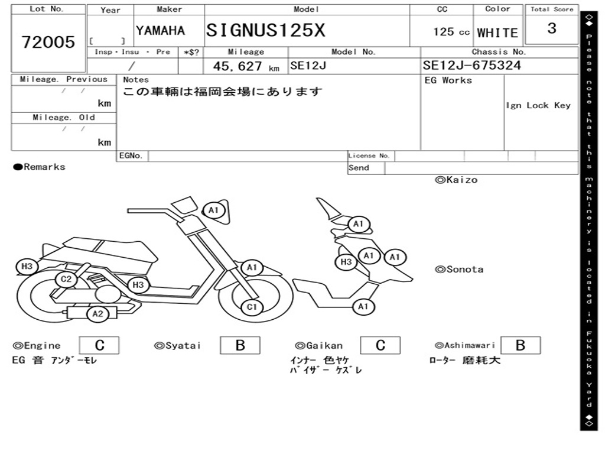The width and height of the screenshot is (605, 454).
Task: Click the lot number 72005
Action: click(x=48, y=42)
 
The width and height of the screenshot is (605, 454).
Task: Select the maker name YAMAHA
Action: click(x=160, y=31)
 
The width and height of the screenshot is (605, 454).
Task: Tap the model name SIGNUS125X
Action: click(x=265, y=30)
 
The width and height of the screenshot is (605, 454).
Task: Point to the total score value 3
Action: click(x=552, y=28)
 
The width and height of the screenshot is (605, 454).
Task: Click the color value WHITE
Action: click(x=497, y=33)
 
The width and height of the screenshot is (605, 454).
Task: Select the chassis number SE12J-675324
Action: click(x=472, y=66)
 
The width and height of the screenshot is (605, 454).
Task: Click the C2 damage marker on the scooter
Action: click(x=66, y=279)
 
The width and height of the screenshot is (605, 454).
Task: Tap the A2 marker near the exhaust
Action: click(x=97, y=314)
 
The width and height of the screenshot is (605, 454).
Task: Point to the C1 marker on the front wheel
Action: click(x=252, y=307)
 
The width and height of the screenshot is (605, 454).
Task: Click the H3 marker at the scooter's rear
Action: click(x=27, y=267)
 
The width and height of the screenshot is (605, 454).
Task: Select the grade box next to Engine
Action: click(x=99, y=345)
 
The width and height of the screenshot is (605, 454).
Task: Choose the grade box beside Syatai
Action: click(x=240, y=345)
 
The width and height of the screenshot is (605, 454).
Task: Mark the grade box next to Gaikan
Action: click(x=380, y=345)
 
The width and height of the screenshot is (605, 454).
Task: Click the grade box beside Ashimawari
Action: click(x=520, y=345)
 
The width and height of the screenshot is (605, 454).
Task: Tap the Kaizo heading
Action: click(x=456, y=180)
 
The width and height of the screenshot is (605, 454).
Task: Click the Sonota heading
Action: click(x=459, y=270)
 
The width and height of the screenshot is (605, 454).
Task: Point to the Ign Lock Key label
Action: click(x=538, y=105)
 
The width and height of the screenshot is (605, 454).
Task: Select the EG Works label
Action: click(x=448, y=80)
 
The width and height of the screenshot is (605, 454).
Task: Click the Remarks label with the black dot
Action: click(x=40, y=167)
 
